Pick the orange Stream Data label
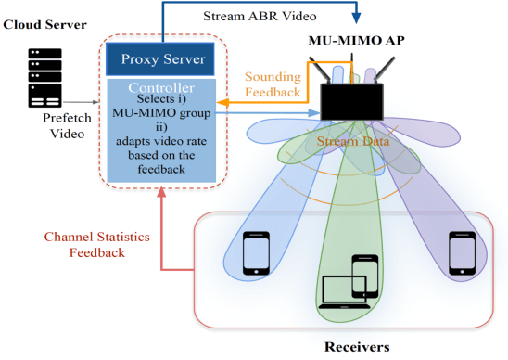tap(353, 141)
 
